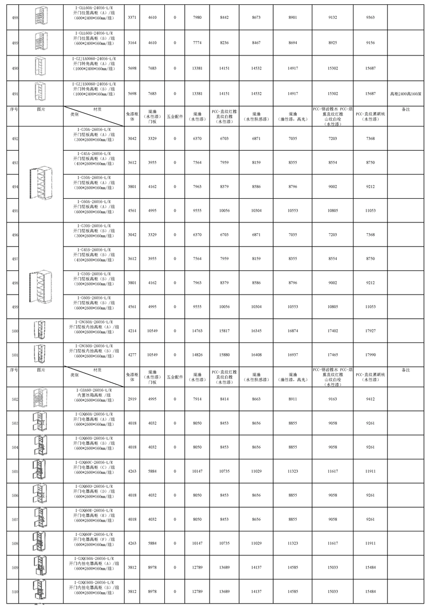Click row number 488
coord(15,18)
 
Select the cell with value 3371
coord(131,18)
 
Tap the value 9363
coord(370,18)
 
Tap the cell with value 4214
coord(131,331)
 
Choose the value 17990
coord(370,355)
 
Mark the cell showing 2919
coord(131,400)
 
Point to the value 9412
coord(370,400)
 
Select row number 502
coord(15,400)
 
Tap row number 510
coord(15,592)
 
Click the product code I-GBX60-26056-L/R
coord(94,390)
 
